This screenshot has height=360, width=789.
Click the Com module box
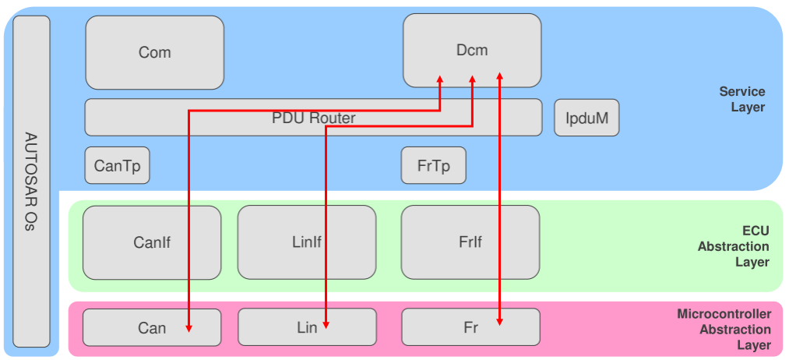tap(154, 52)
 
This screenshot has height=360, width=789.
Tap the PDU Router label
tap(313, 118)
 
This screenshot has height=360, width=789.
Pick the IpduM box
tap(586, 119)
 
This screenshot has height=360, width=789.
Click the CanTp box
tap(117, 166)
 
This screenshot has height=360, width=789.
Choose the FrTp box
tap(433, 166)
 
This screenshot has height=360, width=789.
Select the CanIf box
tap(151, 242)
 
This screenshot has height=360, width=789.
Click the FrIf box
tap(470, 242)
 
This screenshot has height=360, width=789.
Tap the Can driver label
tap(151, 327)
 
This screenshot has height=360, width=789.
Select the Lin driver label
tap(306, 327)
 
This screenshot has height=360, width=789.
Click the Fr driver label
tap(470, 327)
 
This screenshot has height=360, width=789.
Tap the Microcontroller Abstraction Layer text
tap(724, 329)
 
